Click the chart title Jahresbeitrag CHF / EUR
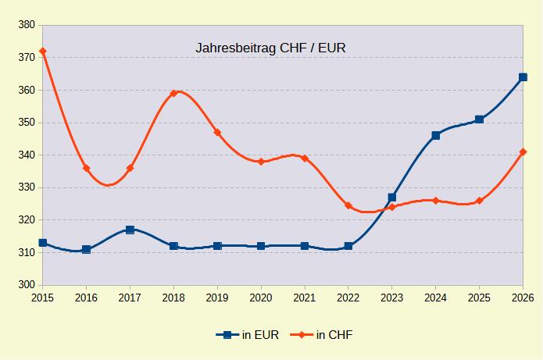[x=270, y=48]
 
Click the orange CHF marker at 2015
[x=43, y=52]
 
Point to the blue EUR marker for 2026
[x=523, y=77]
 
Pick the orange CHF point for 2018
[x=173, y=94]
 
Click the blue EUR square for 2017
[x=130, y=230]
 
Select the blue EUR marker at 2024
[x=436, y=136]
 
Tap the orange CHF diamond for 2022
[x=348, y=205]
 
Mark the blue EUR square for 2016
[x=86, y=249]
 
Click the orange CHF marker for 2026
[x=523, y=152]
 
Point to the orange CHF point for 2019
[x=217, y=133]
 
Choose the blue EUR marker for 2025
[x=479, y=119]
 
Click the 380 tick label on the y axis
[x=25, y=25]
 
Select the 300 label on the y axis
[x=25, y=285]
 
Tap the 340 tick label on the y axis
[x=25, y=155]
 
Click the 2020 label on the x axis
[x=261, y=298]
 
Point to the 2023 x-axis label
[x=392, y=298]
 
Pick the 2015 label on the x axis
[x=43, y=298]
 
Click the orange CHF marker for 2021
[x=305, y=159]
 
